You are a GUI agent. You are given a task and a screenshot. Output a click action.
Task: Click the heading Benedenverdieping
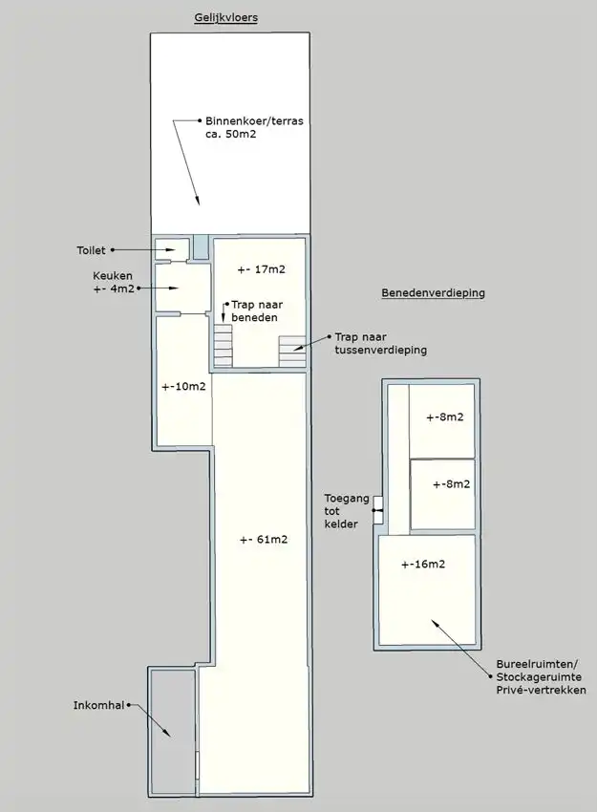(x=433, y=293)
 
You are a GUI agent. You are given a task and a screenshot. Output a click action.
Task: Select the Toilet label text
(x=93, y=251)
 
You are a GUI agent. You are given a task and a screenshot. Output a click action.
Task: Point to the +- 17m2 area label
(x=262, y=269)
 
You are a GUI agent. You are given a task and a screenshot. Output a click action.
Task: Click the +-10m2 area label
(x=183, y=387)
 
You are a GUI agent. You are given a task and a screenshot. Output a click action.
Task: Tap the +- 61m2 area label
(x=264, y=540)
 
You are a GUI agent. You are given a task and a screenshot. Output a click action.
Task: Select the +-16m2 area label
(x=422, y=565)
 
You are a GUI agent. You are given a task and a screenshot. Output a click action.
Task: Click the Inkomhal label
(x=99, y=706)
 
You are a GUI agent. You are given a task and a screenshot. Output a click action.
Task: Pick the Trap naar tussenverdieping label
(x=380, y=344)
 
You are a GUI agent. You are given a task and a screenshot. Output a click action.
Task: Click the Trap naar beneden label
(x=256, y=310)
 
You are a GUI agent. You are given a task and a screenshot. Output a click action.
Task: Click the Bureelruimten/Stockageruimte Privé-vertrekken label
(x=541, y=676)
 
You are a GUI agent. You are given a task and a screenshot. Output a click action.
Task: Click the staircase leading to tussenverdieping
(x=292, y=351)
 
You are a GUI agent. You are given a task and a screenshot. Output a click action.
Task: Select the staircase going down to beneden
(x=223, y=346)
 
